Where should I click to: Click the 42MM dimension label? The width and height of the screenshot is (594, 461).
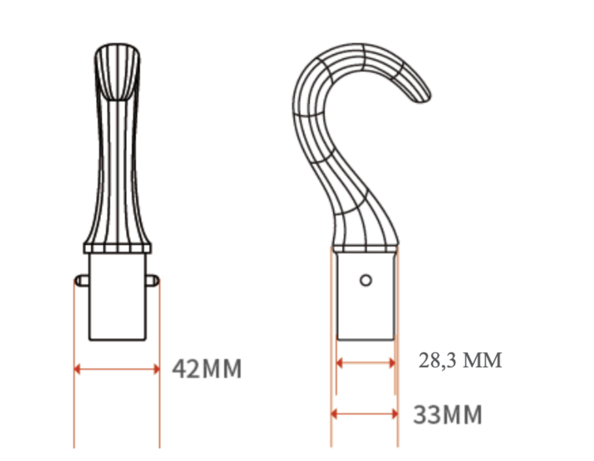pos(207,369)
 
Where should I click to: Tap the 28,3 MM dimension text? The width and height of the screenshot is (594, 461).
pos(460,360)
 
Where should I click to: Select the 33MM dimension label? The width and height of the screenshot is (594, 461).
pos(447,415)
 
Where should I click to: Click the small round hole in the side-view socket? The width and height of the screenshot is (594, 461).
pos(366,280)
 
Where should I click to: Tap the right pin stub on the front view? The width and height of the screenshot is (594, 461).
pos(153,280)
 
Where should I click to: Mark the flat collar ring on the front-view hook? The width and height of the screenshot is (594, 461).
pos(117,248)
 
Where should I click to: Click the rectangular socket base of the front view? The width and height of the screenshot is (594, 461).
pos(117,301)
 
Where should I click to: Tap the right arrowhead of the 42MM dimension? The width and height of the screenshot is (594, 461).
pos(156,369)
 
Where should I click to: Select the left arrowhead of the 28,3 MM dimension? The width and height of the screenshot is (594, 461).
pos(339,363)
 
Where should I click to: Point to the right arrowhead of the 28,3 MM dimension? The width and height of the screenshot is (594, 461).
pos(392,363)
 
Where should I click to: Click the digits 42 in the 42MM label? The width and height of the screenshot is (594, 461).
pos(187,369)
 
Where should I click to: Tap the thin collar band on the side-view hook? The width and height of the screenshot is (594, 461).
pos(366,249)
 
